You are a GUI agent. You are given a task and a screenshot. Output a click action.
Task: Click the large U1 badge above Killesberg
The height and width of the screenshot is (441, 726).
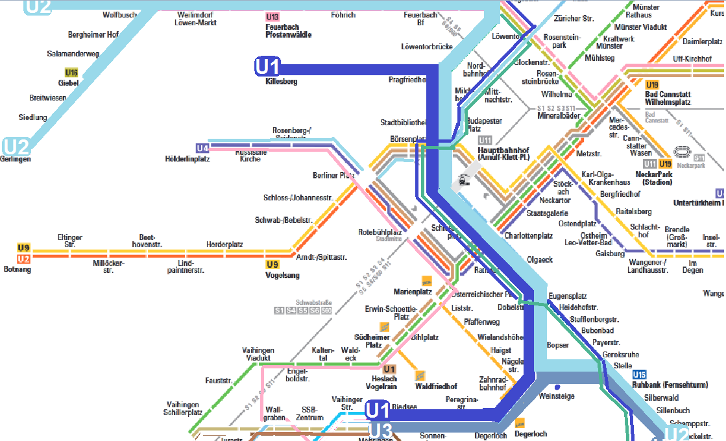pyautogui.click(x=267, y=67)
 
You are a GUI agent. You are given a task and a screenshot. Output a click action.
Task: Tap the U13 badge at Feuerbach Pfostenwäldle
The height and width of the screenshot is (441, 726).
pyautogui.click(x=272, y=17)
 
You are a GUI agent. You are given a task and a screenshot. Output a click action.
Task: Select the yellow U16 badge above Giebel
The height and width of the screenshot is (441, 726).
pyautogui.click(x=71, y=73)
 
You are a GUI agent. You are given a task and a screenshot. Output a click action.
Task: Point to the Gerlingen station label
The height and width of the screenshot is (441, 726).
pyautogui.click(x=16, y=159)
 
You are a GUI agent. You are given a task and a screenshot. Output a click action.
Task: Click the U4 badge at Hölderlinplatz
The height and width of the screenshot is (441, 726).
pyautogui.click(x=202, y=149)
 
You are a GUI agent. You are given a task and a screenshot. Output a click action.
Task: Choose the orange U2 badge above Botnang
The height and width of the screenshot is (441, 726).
pyautogui.click(x=24, y=259)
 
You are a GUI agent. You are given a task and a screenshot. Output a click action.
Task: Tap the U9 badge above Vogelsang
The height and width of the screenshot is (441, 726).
pyautogui.click(x=272, y=265)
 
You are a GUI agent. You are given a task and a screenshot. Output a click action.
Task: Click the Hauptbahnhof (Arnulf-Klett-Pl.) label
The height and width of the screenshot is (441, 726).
pyautogui.click(x=503, y=153)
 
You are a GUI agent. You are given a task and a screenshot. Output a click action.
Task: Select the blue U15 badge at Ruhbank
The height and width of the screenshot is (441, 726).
pyautogui.click(x=640, y=374)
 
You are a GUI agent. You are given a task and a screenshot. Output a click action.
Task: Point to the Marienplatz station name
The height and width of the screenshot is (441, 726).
pyautogui.click(x=413, y=292)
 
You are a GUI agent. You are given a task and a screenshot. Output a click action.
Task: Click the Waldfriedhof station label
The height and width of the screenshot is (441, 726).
pyautogui.click(x=436, y=387)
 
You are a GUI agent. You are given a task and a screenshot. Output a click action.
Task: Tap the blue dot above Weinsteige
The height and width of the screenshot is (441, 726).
pyautogui.click(x=557, y=387)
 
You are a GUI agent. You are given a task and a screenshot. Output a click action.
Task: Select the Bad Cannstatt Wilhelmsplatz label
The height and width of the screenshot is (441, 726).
pyautogui.click(x=668, y=99)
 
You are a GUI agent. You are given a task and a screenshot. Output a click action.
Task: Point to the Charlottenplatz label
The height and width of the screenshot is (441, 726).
pyautogui.click(x=529, y=236)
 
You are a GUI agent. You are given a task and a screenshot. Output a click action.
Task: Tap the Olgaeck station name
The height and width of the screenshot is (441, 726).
pyautogui.click(x=540, y=259)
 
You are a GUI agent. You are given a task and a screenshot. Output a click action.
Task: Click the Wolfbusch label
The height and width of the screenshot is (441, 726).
pyautogui.click(x=119, y=14)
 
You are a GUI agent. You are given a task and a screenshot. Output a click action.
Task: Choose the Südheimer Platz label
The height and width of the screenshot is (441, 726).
pyautogui.click(x=372, y=340)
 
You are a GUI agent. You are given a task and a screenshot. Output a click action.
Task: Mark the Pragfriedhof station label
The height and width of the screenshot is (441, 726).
pyautogui.click(x=407, y=80)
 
